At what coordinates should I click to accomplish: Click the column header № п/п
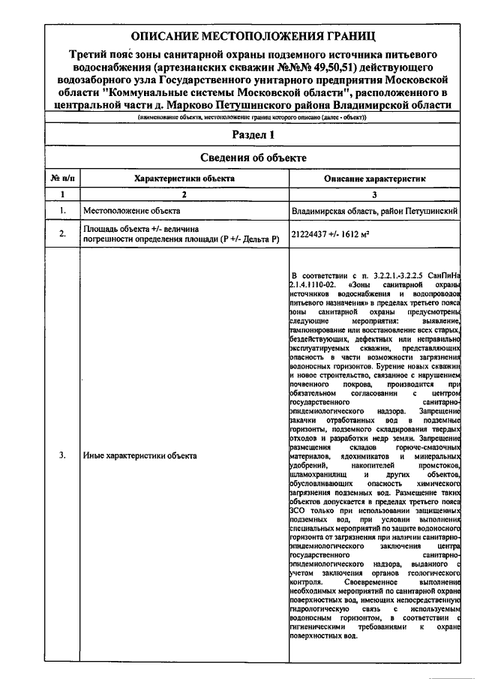click(60, 179)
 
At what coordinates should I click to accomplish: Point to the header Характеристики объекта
click(184, 179)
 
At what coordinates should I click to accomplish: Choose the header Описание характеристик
click(375, 179)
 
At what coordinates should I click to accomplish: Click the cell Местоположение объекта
click(125, 211)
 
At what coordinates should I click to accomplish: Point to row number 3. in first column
click(61, 455)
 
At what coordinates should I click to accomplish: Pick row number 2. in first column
click(61, 234)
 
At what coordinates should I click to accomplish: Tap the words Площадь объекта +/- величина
click(141, 228)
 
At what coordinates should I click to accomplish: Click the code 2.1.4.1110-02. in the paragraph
click(314, 286)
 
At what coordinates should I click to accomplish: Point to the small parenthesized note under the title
click(251, 118)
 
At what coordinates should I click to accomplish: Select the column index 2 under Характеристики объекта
click(184, 194)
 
